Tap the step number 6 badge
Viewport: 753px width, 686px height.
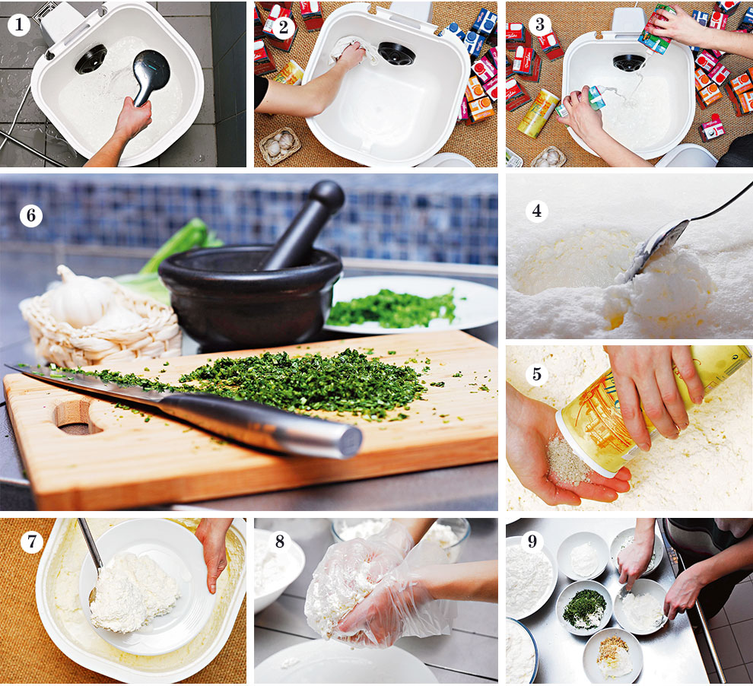coord(31,215)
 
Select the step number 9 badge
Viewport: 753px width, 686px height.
coord(532,541)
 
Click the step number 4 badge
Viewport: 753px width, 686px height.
coord(537,210)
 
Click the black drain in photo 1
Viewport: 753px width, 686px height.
coord(91,59)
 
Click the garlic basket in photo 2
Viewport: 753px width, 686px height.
coord(280,145)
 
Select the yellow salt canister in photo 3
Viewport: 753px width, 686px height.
coord(539,114)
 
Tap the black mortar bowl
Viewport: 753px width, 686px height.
coord(250,295)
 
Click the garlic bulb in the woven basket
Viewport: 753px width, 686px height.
coord(81,297)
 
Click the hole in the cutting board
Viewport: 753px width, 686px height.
coord(77,416)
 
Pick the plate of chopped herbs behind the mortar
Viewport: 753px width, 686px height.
coord(409,305)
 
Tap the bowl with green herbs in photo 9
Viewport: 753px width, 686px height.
coord(584,607)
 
